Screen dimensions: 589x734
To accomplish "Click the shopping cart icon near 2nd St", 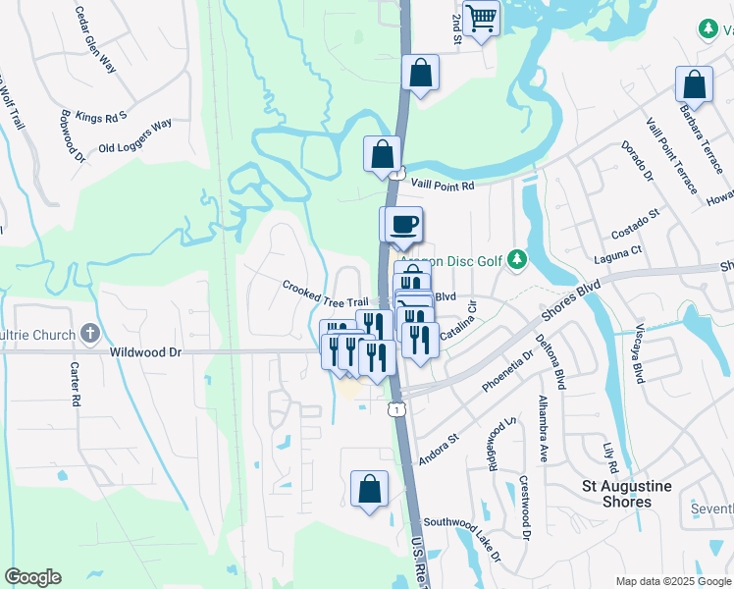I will pyautogui.click(x=481, y=18).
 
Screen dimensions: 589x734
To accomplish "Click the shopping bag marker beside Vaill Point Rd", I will pyautogui.click(x=382, y=154).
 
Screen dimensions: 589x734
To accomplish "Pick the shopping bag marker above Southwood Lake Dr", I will pyautogui.click(x=369, y=489).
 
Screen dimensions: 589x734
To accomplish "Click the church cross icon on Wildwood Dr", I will pyautogui.click(x=90, y=333).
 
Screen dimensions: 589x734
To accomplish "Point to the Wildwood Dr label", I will pyautogui.click(x=147, y=350).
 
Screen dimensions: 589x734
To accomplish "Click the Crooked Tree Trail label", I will pyautogui.click(x=325, y=294).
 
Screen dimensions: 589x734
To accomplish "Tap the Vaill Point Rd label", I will pyautogui.click(x=441, y=185).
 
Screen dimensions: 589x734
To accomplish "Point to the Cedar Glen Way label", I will pyautogui.click(x=96, y=40).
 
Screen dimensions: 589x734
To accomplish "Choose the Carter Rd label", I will pyautogui.click(x=74, y=384).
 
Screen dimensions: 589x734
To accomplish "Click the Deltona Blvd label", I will pyautogui.click(x=550, y=362).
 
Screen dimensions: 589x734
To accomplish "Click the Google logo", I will pyautogui.click(x=32, y=577).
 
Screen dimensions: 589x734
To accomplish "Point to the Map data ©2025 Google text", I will pyautogui.click(x=674, y=581).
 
